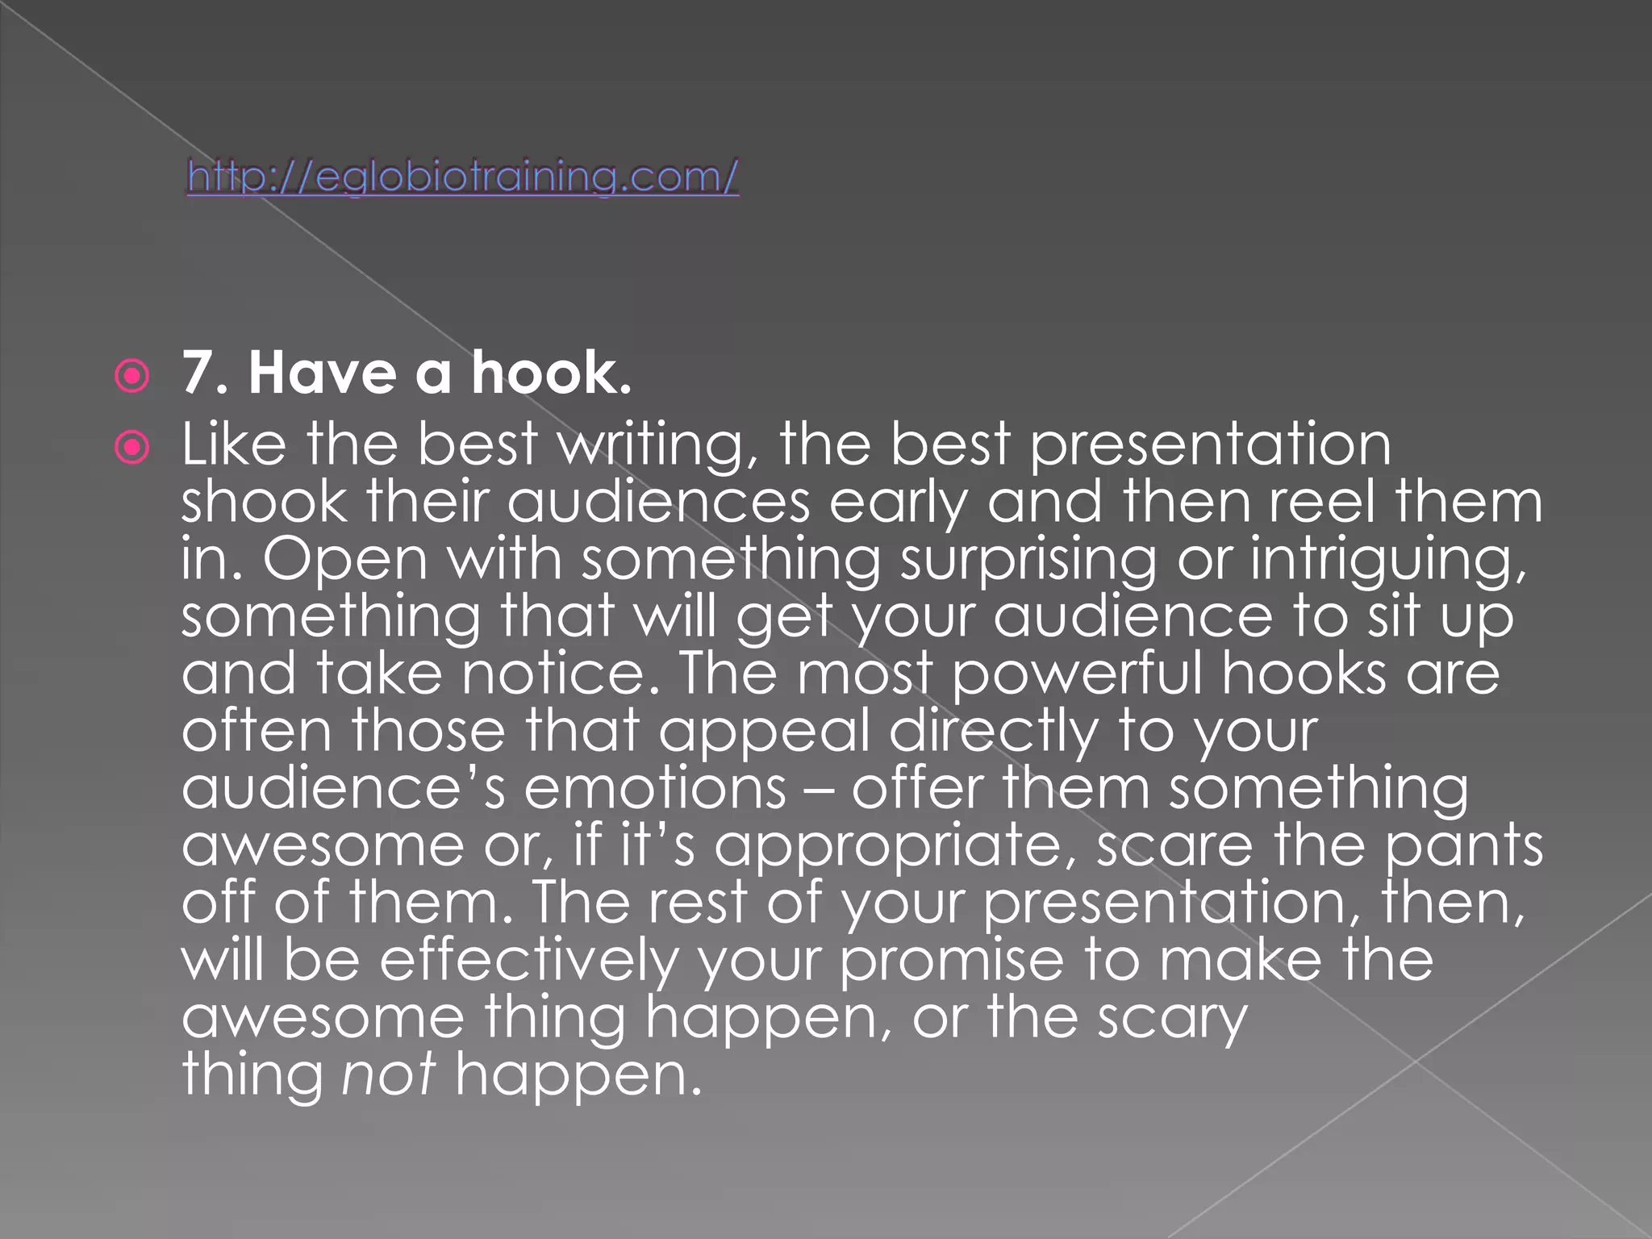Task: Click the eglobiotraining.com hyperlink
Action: (x=462, y=177)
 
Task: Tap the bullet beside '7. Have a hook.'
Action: (x=132, y=376)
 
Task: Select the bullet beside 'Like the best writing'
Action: (x=132, y=447)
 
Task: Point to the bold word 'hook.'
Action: (x=551, y=373)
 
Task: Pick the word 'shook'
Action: (x=264, y=502)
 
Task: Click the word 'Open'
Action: (x=344, y=560)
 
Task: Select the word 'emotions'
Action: (x=655, y=789)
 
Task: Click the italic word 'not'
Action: (x=389, y=1076)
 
